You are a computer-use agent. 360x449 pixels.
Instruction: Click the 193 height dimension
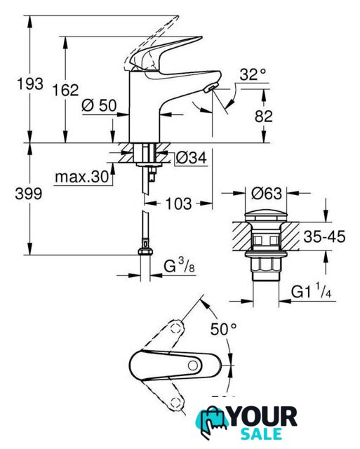(30, 84)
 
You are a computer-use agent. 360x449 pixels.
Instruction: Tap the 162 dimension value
(65, 91)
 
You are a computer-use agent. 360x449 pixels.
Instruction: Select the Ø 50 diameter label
(99, 105)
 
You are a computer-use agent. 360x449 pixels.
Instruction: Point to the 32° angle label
(253, 74)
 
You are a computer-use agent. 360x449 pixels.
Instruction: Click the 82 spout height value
(263, 116)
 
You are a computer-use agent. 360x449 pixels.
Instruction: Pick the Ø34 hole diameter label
(191, 157)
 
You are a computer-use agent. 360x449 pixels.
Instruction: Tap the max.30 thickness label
(82, 177)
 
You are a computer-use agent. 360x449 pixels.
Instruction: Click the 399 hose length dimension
(29, 194)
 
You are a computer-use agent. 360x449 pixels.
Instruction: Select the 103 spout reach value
(179, 203)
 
